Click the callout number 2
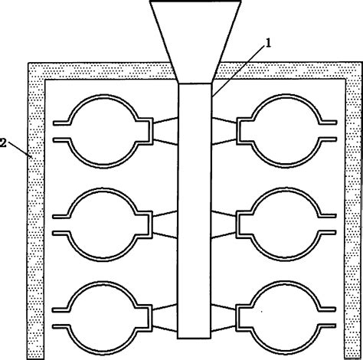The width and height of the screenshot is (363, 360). [x=5, y=142]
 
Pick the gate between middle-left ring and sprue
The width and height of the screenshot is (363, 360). [x=165, y=224]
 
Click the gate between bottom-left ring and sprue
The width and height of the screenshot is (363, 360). [x=165, y=318]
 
